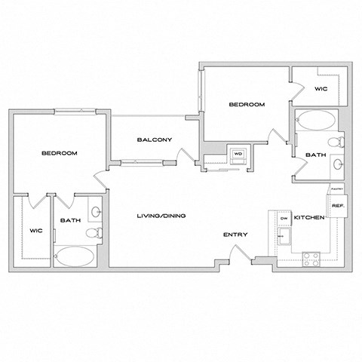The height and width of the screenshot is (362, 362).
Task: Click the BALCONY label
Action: [x=155, y=140]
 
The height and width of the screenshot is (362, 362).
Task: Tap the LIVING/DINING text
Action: [x=161, y=216]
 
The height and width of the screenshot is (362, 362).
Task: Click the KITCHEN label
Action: [x=309, y=217]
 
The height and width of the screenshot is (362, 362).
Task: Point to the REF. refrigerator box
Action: [x=338, y=204]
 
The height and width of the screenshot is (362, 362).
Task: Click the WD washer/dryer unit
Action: [x=238, y=154]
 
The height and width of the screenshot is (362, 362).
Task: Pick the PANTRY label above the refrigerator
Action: [x=336, y=189]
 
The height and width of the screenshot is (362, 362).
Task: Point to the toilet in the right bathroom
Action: [x=336, y=141]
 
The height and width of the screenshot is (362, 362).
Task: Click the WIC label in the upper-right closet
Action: [x=320, y=88]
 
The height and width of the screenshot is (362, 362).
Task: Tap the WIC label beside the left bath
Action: [x=34, y=230]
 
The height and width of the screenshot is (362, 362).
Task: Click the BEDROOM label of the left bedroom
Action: [x=59, y=153]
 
